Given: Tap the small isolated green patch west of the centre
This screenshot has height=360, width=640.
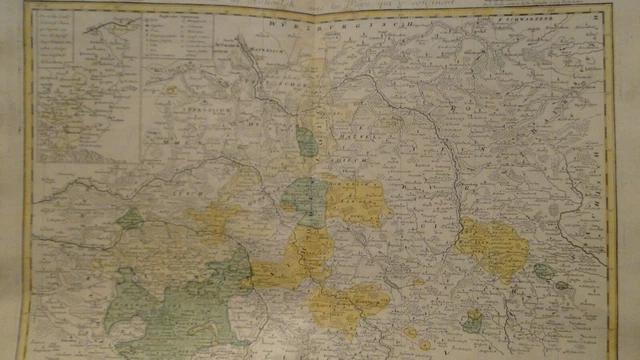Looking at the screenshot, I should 130,218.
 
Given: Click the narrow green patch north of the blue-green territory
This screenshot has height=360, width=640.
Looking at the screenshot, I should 307,142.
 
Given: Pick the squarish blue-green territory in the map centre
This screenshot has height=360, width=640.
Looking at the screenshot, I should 306,200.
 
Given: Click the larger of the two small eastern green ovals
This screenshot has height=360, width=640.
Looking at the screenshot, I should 544,271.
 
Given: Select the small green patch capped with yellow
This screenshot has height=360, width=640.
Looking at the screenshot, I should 473,321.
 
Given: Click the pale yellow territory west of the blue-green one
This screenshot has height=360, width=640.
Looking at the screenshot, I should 215,220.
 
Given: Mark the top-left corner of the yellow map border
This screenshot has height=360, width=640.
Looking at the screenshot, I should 27,9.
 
